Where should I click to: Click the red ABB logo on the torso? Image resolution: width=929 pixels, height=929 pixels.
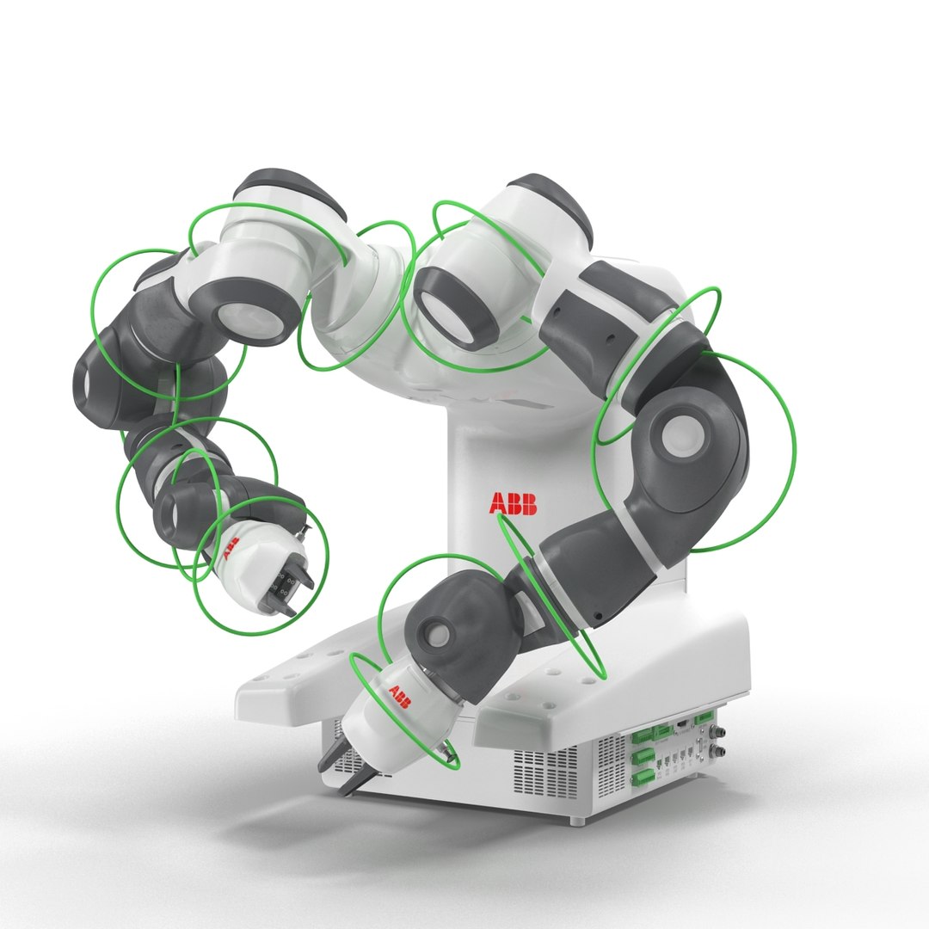(513, 504)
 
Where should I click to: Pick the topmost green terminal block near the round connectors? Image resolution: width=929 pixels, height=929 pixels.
(704, 717)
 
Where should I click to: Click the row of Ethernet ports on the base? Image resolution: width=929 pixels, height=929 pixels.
(674, 758)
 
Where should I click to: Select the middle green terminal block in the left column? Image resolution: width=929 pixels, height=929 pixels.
(643, 756)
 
